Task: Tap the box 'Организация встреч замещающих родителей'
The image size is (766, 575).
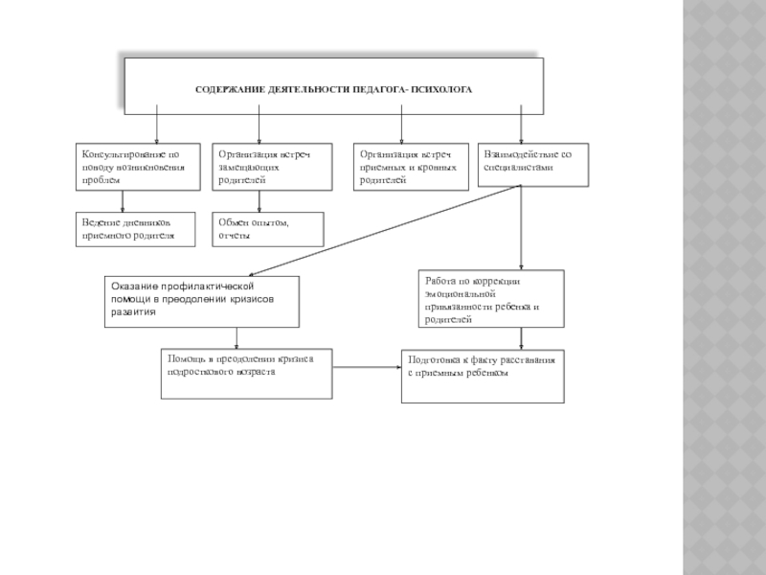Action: pyautogui.click(x=273, y=167)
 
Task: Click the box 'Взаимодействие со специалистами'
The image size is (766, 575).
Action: pyautogui.click(x=534, y=167)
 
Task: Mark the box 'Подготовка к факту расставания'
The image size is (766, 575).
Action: pyautogui.click(x=482, y=377)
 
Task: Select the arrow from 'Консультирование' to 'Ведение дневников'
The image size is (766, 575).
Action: pyautogui.click(x=123, y=200)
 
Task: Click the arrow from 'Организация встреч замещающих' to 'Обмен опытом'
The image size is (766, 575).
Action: pyautogui.click(x=259, y=200)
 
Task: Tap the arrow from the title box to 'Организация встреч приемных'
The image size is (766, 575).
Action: pyautogui.click(x=401, y=125)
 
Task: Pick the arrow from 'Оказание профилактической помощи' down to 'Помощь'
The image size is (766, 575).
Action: pyautogui.click(x=237, y=338)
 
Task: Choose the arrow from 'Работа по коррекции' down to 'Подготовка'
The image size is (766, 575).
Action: pyautogui.click(x=521, y=337)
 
